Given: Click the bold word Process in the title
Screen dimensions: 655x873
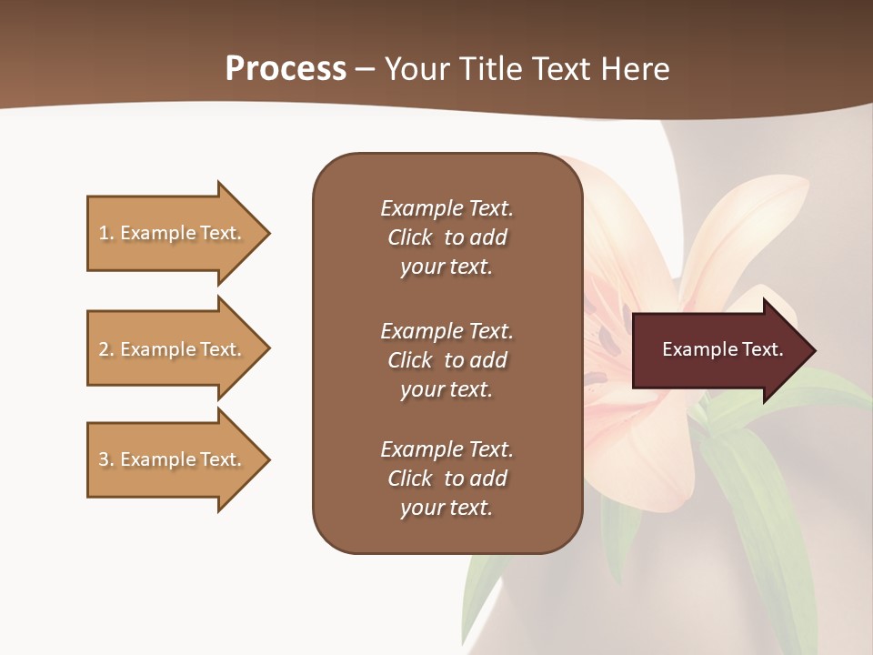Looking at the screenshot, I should tap(286, 69).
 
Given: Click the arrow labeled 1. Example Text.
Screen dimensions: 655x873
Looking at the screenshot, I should tap(173, 233).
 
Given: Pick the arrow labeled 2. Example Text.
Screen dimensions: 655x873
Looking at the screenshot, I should tap(173, 349).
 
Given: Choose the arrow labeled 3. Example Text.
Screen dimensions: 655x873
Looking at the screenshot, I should tap(173, 459).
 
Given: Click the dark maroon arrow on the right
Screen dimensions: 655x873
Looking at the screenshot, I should tap(718, 349).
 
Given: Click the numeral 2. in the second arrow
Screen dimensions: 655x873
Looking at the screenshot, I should tap(105, 349).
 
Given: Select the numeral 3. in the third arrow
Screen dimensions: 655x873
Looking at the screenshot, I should tap(105, 459).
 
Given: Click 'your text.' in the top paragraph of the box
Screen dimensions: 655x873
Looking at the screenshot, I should tap(446, 267).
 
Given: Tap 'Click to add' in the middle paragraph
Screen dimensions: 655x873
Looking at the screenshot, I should tap(447, 360).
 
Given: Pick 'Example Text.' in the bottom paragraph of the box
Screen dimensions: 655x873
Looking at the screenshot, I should tap(447, 449).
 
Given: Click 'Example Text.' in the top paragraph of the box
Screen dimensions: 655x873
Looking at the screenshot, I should tap(447, 208).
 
